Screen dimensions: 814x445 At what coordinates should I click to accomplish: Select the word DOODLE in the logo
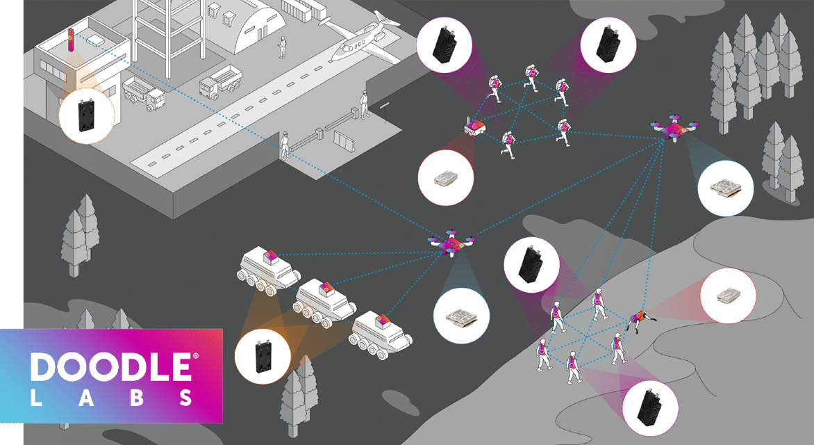pyautogui.click(x=111, y=367)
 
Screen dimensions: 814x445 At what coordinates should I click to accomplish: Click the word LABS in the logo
pyautogui.click(x=111, y=398)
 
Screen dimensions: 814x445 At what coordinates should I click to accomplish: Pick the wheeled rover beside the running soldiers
pyautogui.click(x=474, y=126)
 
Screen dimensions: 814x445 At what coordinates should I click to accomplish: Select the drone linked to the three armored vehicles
pyautogui.click(x=451, y=242)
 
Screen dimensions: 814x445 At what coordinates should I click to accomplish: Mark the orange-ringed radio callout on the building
pyautogui.click(x=86, y=116)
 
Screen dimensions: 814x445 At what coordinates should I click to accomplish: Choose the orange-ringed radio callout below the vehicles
pyautogui.click(x=263, y=356)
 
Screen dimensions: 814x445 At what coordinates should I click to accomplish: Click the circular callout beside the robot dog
pyautogui.click(x=728, y=296)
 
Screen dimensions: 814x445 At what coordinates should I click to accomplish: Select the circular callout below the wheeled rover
pyautogui.click(x=445, y=178)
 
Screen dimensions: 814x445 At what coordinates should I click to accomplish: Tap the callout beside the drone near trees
pyautogui.click(x=725, y=188)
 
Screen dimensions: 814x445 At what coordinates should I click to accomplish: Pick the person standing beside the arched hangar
pyautogui.click(x=283, y=47)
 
